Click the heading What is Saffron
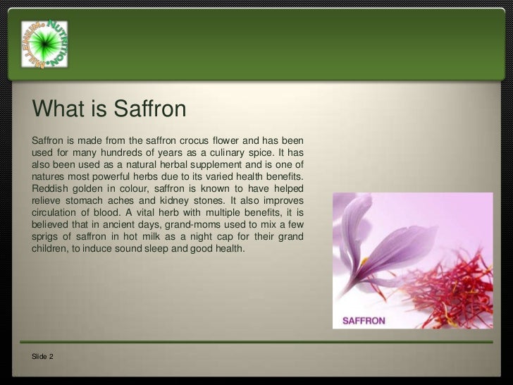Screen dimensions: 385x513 pyautogui.click(x=109, y=109)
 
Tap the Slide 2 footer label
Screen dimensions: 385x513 pyautogui.click(x=42, y=357)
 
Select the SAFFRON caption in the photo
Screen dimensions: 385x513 pyautogui.click(x=364, y=320)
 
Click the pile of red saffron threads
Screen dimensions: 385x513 pyautogui.click(x=451, y=282)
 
